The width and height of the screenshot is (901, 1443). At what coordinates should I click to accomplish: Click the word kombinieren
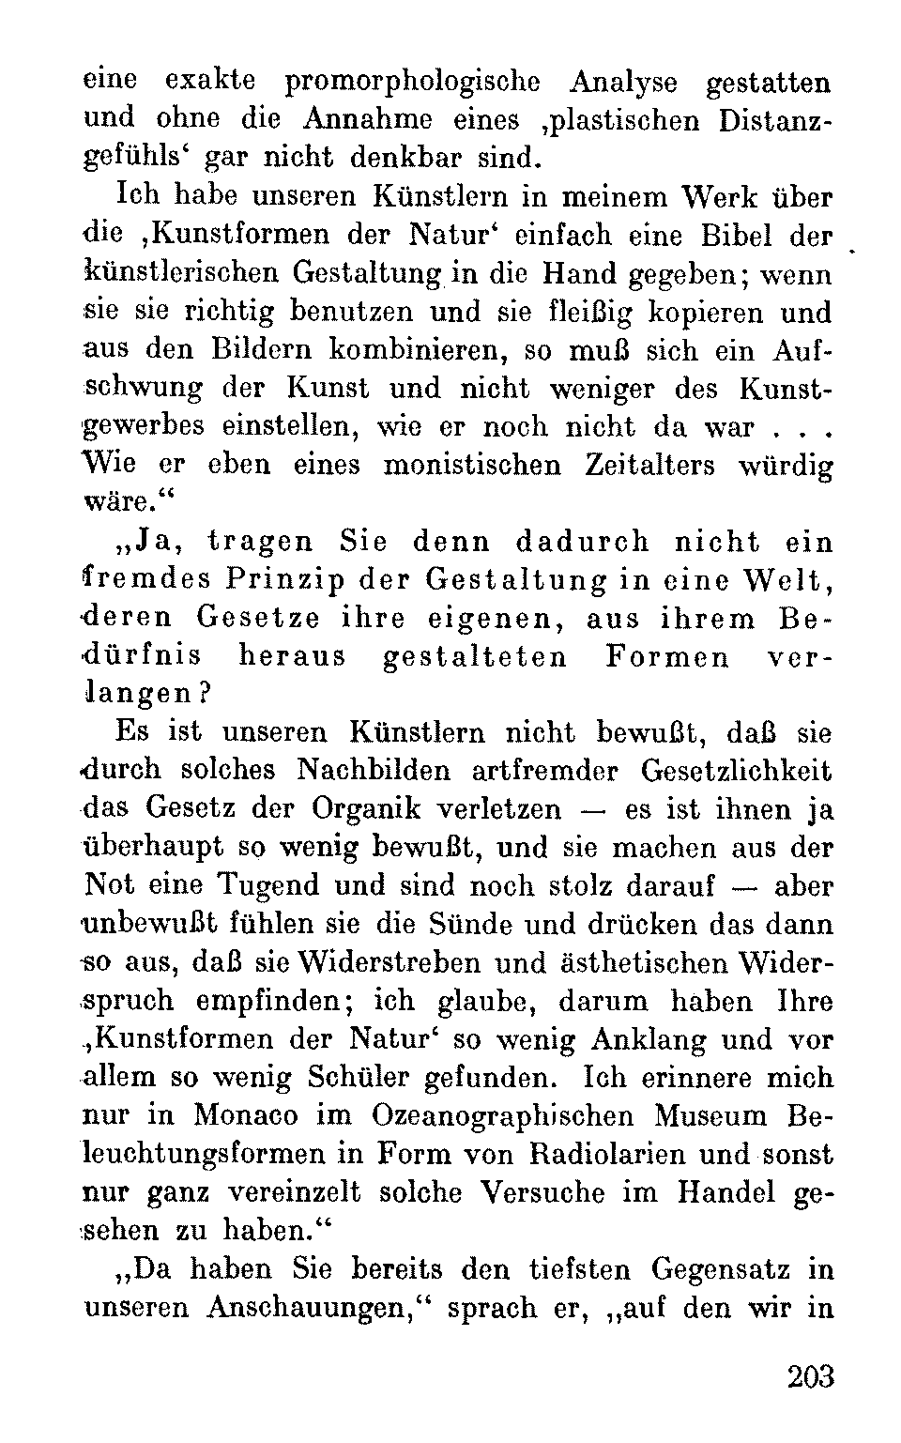405,350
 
